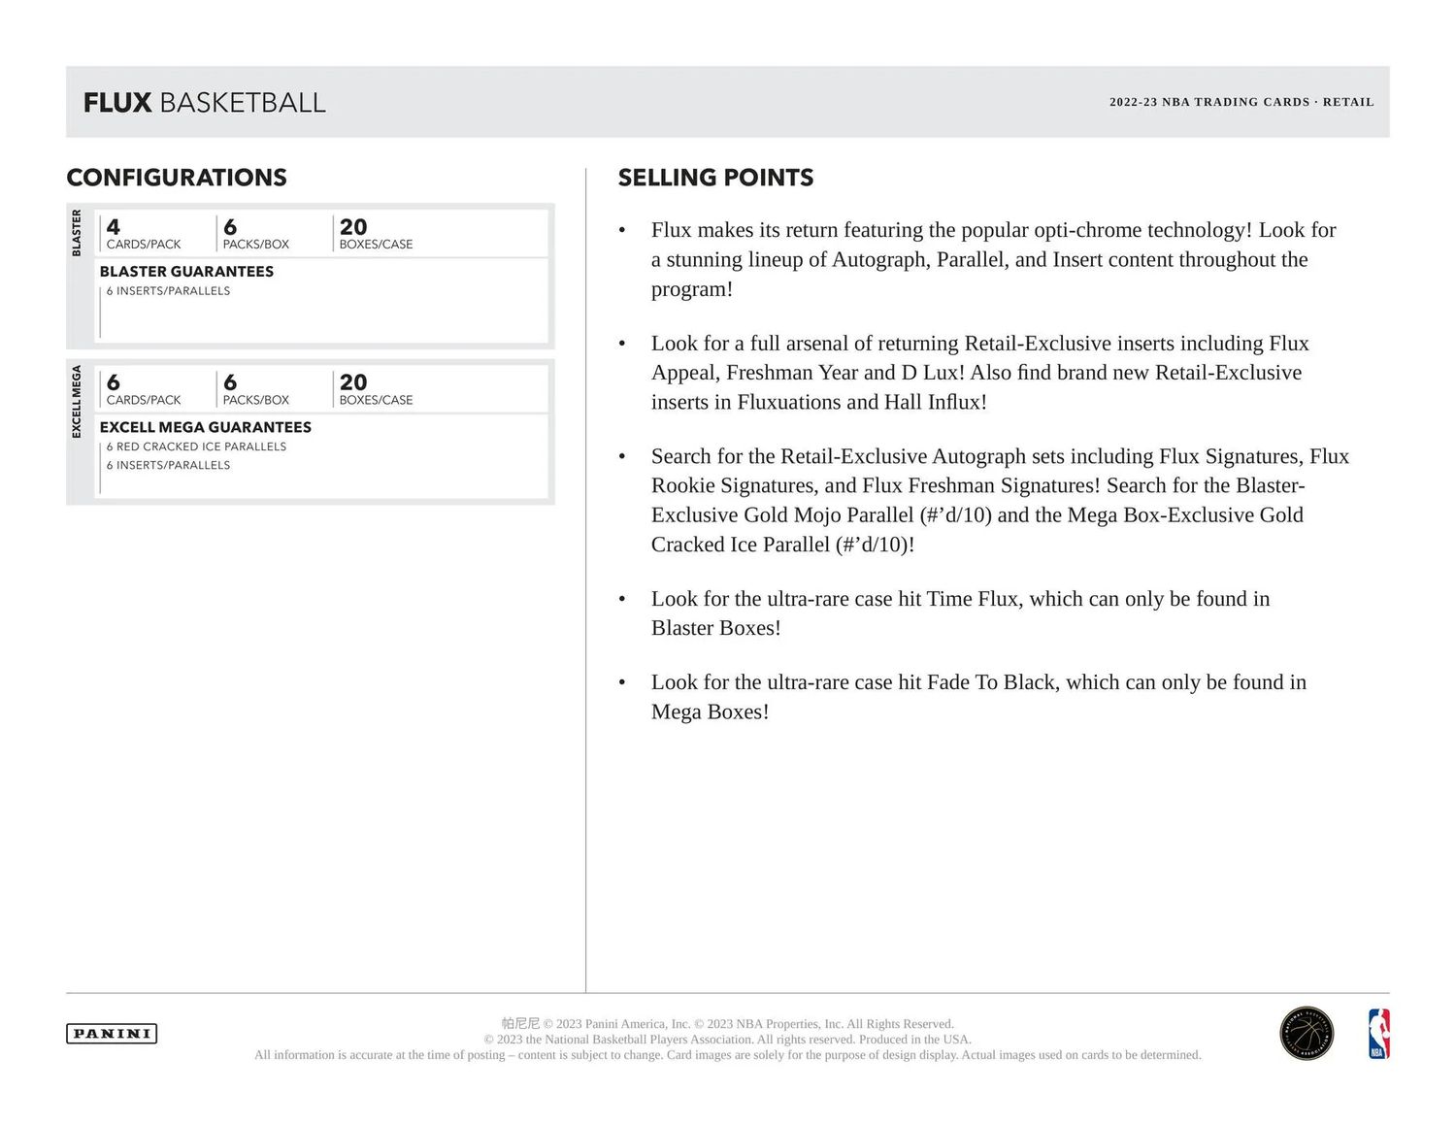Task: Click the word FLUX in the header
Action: coord(117,103)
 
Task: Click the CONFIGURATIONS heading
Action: coord(177,178)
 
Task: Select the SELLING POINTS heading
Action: coord(715,178)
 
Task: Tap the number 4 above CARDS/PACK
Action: coord(114,227)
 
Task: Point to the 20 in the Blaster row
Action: coord(353,227)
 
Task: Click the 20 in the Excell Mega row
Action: coord(353,382)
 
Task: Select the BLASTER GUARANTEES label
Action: coord(186,272)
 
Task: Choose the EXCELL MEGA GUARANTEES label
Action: coord(205,427)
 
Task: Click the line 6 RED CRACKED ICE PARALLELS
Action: coord(196,447)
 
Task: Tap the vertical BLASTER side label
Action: coord(77,233)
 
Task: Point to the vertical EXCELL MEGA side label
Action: coord(77,402)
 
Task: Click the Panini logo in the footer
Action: coord(112,1034)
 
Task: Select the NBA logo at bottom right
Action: coord(1378,1034)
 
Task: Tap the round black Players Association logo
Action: coord(1307,1034)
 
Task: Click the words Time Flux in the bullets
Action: coord(972,599)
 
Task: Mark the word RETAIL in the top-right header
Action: coord(1348,102)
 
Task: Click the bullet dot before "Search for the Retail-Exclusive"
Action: coord(622,457)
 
